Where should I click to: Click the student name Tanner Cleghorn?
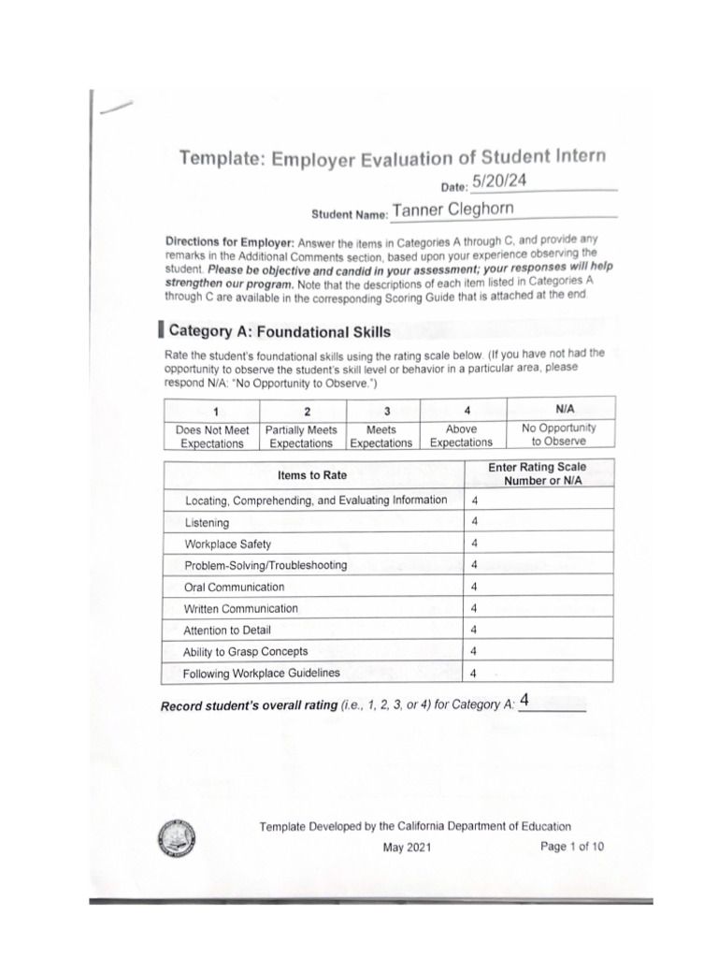(x=452, y=210)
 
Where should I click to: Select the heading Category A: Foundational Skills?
(x=280, y=331)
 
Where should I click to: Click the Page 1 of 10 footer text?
(x=572, y=847)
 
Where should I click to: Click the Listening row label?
(x=207, y=523)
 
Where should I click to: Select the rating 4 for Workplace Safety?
(x=475, y=544)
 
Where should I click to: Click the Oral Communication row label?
(x=235, y=588)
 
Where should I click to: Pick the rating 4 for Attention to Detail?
(x=475, y=630)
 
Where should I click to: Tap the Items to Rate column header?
(x=312, y=475)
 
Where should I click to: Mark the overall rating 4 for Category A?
(x=525, y=701)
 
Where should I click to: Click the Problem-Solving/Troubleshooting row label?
(x=266, y=565)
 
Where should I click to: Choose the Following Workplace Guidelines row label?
(x=262, y=674)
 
